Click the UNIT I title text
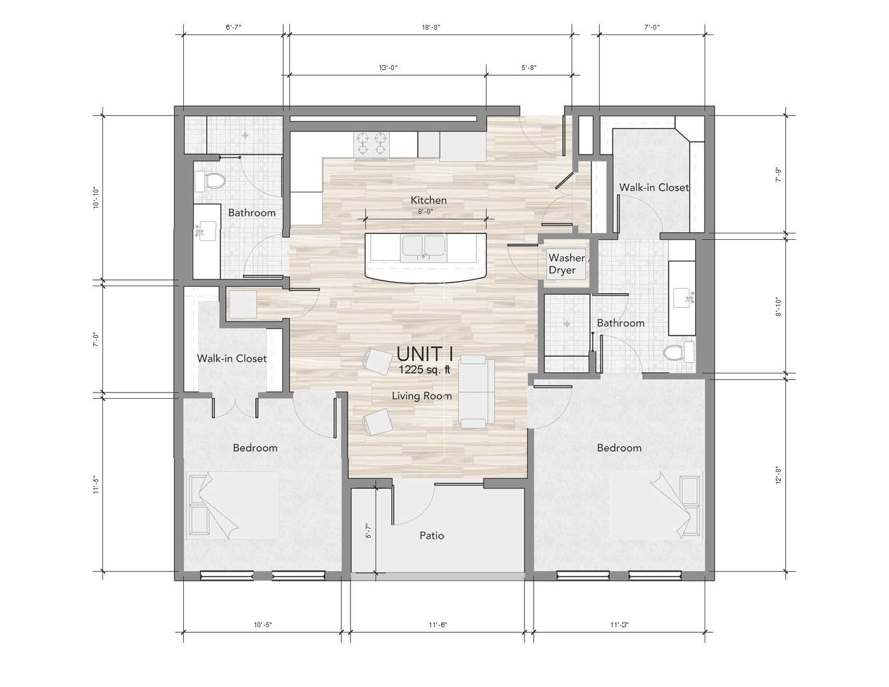pyautogui.click(x=424, y=353)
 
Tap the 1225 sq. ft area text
pyautogui.click(x=424, y=369)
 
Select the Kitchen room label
pyautogui.click(x=428, y=200)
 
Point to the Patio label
pyautogui.click(x=432, y=536)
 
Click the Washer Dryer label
pyautogui.click(x=565, y=264)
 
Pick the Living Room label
pyautogui.click(x=422, y=396)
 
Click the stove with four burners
pyautogui.click(x=371, y=144)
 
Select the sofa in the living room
pyautogui.click(x=476, y=392)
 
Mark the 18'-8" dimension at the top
pyautogui.click(x=431, y=27)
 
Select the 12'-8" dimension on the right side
pyautogui.click(x=778, y=475)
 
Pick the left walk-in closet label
pyautogui.click(x=231, y=358)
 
